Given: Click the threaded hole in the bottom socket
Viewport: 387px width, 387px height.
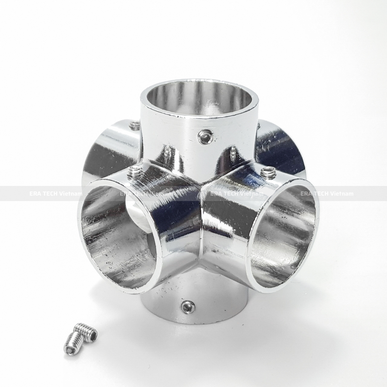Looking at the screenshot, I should (x=187, y=307).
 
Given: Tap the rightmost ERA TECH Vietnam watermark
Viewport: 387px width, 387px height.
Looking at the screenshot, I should (x=327, y=193).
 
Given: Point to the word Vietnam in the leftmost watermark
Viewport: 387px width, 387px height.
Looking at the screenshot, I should (x=71, y=193).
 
